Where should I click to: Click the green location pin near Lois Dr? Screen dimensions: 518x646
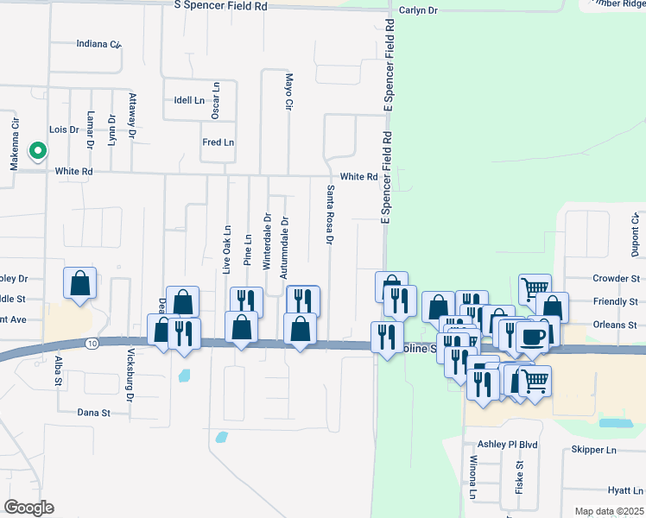[x=37, y=152]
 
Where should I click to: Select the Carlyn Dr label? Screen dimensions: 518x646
[x=420, y=10]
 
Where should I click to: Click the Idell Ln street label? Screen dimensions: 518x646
[x=189, y=100]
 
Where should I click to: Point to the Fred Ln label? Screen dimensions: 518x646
[x=218, y=142]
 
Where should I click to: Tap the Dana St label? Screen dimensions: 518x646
[x=94, y=413]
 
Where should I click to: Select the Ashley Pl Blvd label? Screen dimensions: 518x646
[x=509, y=445]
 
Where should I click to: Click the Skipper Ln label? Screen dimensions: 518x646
[x=594, y=450]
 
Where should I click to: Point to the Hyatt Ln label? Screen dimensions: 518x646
[x=625, y=490]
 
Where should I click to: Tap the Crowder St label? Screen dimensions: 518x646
[x=616, y=279]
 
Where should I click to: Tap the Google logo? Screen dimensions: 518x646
[x=28, y=508]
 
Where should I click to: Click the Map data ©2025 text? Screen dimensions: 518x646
[x=608, y=511]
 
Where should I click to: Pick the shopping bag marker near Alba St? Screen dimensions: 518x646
[x=79, y=283]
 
